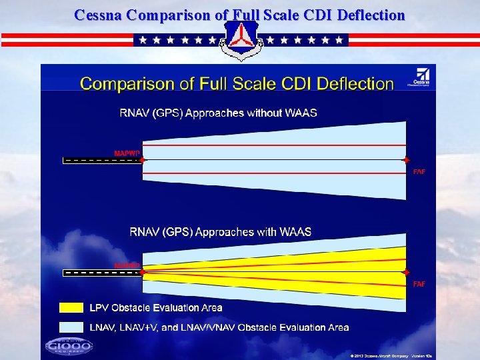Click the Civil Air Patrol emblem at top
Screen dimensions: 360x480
(x=240, y=39)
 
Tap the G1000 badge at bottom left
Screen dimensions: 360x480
(x=69, y=346)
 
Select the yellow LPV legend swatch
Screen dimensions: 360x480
(x=71, y=307)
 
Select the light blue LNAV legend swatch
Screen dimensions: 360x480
(x=71, y=327)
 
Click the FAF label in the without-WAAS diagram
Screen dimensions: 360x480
(x=419, y=172)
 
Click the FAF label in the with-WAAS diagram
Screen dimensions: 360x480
(x=419, y=285)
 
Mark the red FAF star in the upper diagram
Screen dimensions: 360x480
(x=405, y=160)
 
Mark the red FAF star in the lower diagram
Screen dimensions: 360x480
(x=405, y=273)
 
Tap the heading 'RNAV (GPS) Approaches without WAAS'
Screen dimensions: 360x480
(x=218, y=113)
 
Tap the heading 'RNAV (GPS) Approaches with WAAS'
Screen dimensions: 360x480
(x=220, y=232)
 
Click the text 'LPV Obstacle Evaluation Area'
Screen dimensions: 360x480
(x=156, y=307)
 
